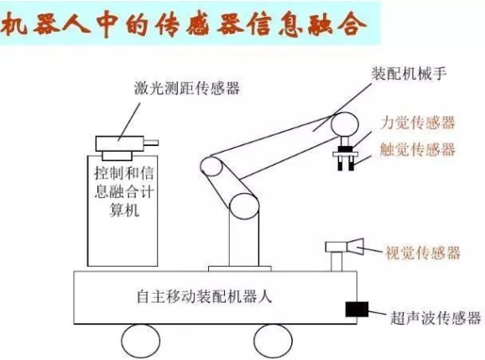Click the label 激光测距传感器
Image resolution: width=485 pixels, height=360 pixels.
tap(186, 88)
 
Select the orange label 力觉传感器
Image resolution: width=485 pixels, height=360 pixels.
tap(418, 123)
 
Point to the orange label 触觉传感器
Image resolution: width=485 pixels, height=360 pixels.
tap(418, 150)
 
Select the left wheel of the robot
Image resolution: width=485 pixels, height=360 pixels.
tap(140, 340)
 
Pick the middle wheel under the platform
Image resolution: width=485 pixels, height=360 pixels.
tap(272, 340)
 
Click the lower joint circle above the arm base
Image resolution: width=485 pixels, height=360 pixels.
tap(243, 211)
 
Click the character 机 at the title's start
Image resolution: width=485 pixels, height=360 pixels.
tap(17, 24)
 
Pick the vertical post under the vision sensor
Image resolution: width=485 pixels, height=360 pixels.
tap(336, 263)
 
